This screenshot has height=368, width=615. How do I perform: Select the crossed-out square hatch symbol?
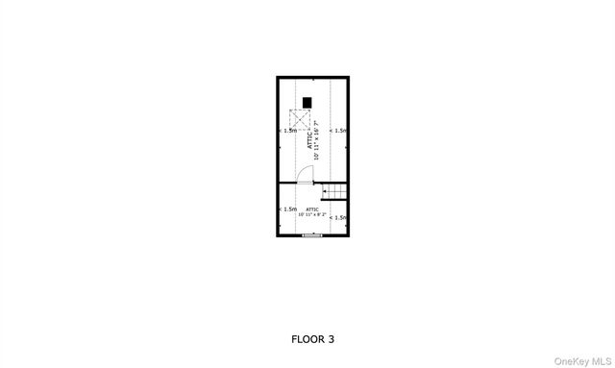click(299, 120)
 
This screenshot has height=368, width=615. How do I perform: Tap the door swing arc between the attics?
click(304, 173)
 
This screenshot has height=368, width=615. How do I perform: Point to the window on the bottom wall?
click(311, 234)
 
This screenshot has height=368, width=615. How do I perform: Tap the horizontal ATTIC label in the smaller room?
click(312, 209)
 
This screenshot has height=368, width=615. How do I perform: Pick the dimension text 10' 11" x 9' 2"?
click(312, 214)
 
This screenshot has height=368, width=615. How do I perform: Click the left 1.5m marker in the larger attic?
click(288, 130)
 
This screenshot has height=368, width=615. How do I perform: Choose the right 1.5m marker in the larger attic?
click(339, 130)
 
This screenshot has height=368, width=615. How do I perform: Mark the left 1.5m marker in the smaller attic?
click(287, 209)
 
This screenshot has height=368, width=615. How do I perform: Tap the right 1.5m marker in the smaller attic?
click(338, 218)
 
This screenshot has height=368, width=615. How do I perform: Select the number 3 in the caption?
click(332, 339)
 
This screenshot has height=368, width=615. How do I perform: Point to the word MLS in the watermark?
click(601, 360)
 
